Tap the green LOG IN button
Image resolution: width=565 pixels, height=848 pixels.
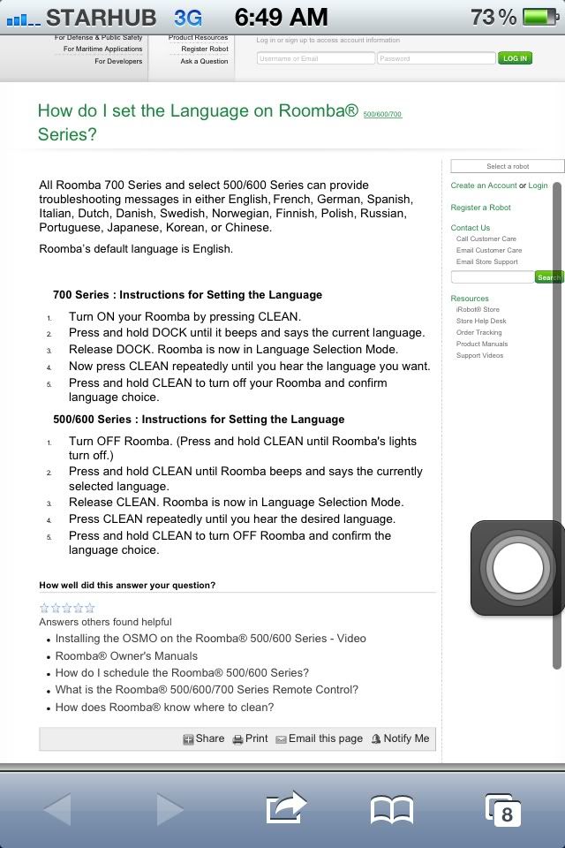click(514, 58)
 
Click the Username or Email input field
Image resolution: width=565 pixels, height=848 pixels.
click(316, 58)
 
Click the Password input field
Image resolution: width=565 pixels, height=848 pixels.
click(436, 58)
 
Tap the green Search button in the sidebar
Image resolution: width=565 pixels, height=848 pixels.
click(549, 277)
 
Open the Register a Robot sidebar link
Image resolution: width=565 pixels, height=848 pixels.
click(480, 208)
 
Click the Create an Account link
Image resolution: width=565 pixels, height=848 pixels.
click(484, 185)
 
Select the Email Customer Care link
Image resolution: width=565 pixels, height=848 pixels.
click(489, 250)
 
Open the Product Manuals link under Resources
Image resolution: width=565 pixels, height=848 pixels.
click(482, 344)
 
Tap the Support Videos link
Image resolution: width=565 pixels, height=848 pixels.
click(479, 355)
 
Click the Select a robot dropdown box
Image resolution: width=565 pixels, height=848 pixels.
click(507, 166)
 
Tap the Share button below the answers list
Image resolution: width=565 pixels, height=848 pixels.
click(204, 738)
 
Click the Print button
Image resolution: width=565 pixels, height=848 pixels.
click(250, 738)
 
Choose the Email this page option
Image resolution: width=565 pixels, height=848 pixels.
click(319, 738)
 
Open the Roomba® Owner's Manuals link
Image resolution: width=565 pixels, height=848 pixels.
click(126, 655)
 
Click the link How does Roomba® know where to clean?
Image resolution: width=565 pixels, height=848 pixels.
click(164, 707)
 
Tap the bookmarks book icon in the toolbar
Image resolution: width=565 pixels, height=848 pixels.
click(392, 808)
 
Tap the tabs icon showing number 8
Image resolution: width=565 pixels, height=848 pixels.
click(503, 808)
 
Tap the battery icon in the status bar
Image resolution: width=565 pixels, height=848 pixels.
click(540, 17)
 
